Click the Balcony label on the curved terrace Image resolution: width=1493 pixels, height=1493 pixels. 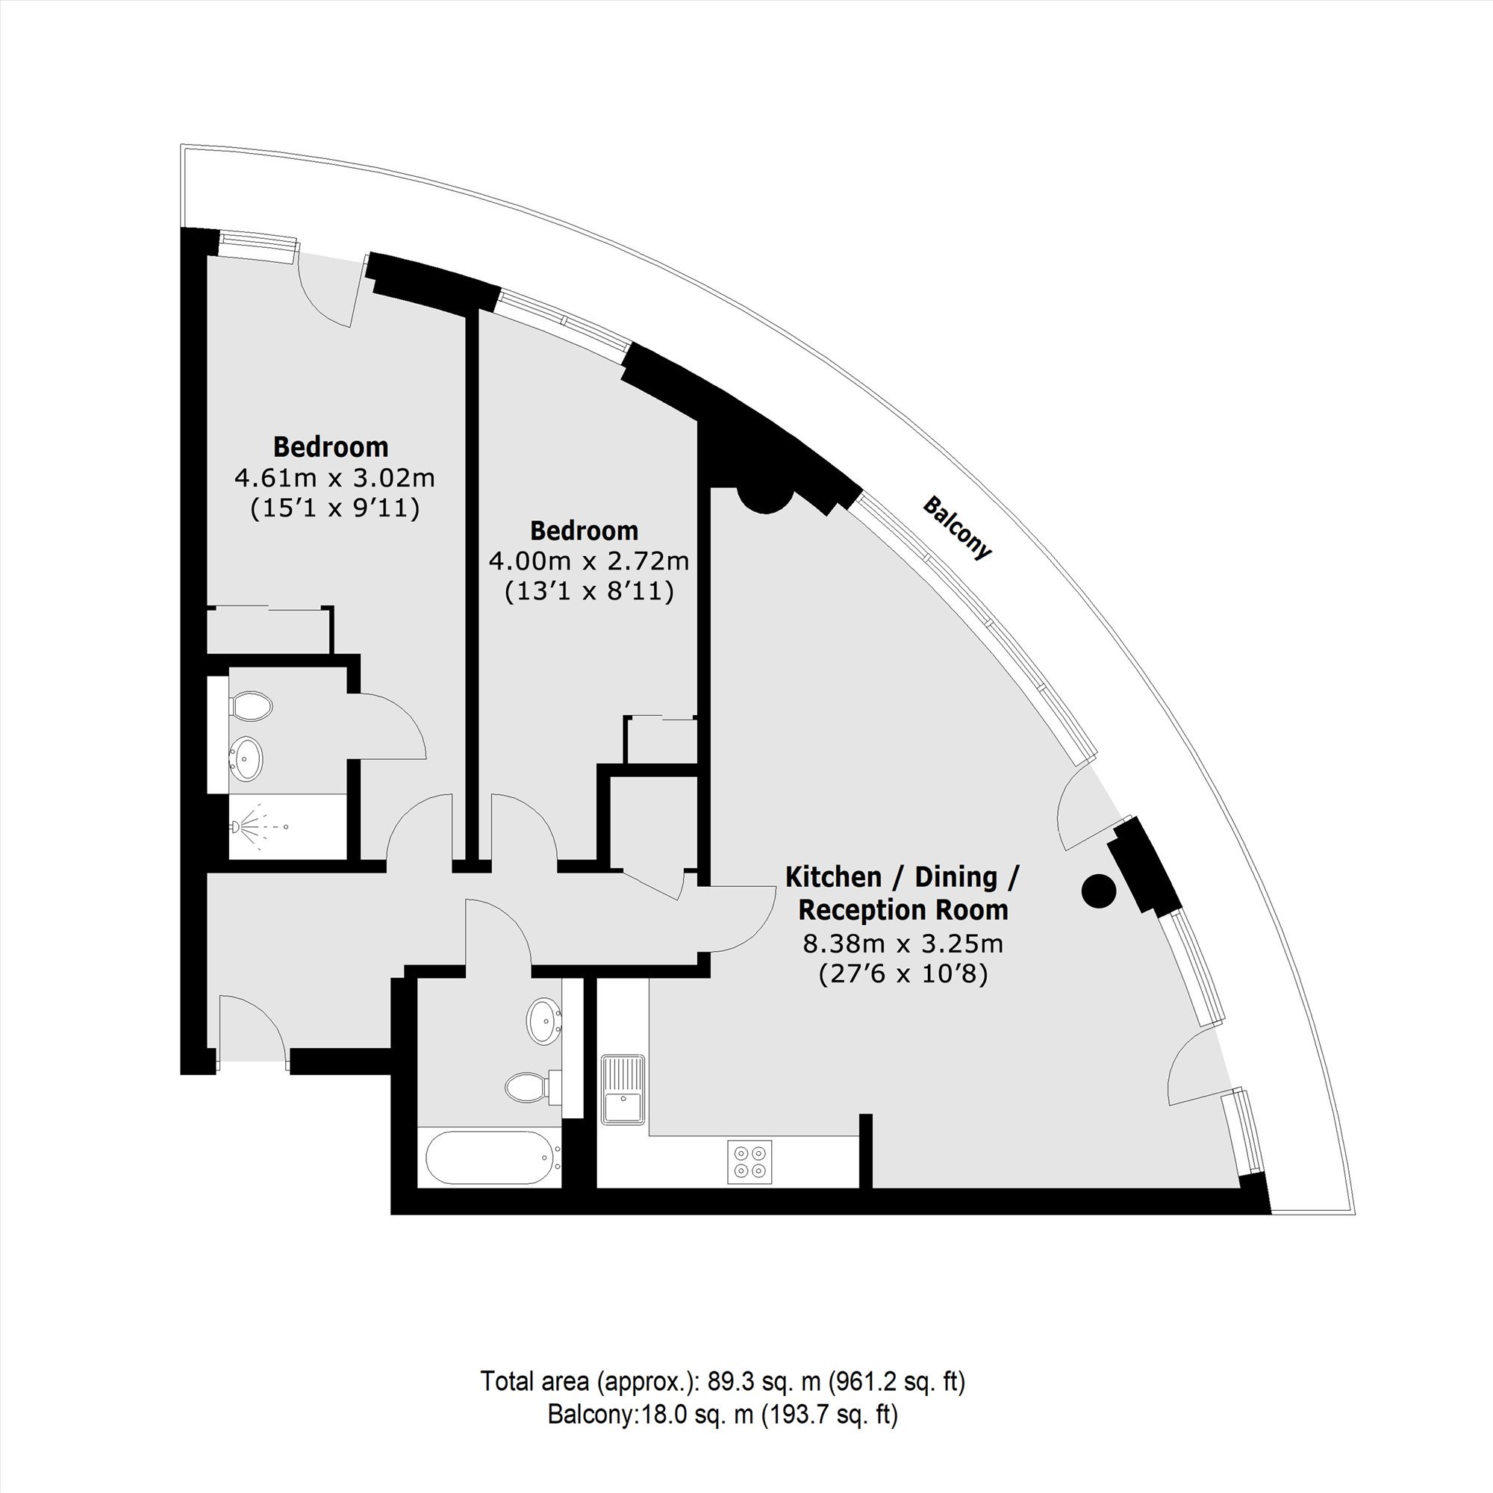956,529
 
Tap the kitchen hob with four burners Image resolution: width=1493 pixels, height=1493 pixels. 749,1162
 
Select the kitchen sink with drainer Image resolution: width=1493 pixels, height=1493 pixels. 623,1089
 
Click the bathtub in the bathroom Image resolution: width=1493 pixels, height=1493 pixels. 495,1158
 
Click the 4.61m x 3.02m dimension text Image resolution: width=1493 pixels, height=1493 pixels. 334,479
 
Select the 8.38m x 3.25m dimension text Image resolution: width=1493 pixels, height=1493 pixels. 903,943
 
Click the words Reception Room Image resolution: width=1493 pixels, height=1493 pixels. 903,910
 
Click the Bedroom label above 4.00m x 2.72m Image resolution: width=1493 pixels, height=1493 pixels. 585,531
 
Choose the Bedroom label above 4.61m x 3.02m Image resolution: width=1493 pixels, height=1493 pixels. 331,446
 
